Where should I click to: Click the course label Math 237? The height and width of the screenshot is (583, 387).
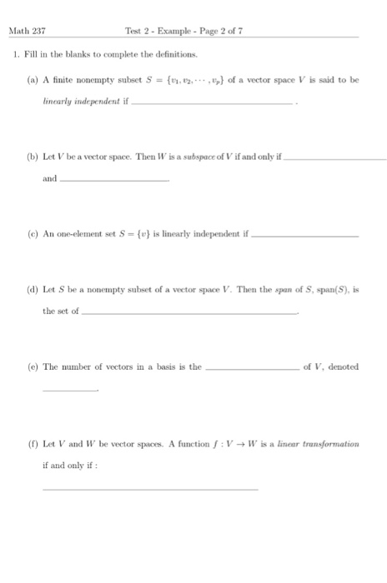[x=27, y=31]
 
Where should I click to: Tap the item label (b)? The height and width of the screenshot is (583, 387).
[x=32, y=157]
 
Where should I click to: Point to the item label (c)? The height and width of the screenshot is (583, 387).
[x=32, y=234]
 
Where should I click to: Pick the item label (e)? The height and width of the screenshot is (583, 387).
[x=32, y=366]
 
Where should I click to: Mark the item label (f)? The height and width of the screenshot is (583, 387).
[x=32, y=444]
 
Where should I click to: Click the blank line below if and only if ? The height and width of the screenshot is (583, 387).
[x=150, y=490]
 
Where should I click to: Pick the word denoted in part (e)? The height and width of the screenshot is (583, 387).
[x=343, y=366]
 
